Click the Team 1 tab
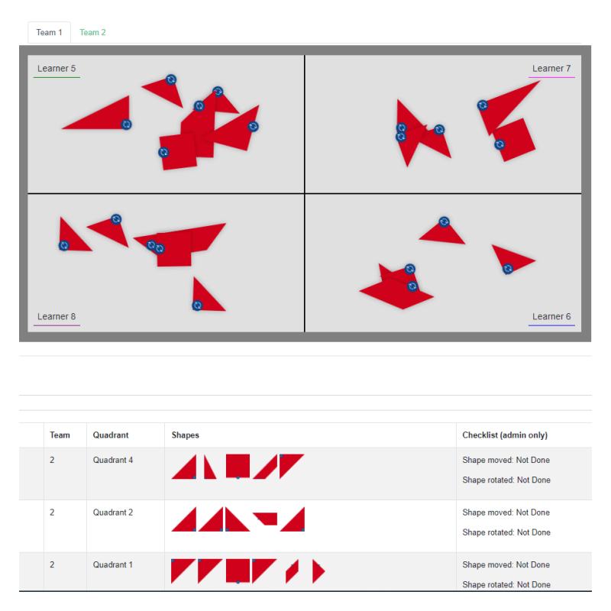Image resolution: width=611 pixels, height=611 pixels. click(x=49, y=33)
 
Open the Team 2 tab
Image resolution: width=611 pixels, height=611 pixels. click(x=92, y=33)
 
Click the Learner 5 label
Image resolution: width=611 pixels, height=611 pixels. click(x=57, y=69)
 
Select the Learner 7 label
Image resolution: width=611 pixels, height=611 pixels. click(x=551, y=69)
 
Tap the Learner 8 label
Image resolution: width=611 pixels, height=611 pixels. click(x=57, y=317)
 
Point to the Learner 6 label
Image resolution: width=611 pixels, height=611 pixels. click(x=551, y=317)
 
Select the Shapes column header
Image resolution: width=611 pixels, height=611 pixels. click(x=186, y=435)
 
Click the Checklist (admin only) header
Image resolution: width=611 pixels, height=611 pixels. click(x=505, y=435)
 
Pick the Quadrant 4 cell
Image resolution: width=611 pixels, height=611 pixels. click(x=113, y=461)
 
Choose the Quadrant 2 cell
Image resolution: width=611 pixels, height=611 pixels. click(x=113, y=512)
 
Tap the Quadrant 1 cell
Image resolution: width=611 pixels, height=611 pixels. click(x=113, y=565)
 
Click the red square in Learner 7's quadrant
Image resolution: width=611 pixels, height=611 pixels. click(x=516, y=139)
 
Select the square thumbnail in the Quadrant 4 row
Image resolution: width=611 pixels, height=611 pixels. click(x=238, y=465)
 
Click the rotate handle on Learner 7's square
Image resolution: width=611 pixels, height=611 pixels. click(x=499, y=144)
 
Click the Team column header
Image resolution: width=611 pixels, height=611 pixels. click(x=60, y=435)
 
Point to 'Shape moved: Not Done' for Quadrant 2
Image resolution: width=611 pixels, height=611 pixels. click(x=506, y=512)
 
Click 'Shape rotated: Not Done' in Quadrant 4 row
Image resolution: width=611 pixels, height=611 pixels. click(x=506, y=480)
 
